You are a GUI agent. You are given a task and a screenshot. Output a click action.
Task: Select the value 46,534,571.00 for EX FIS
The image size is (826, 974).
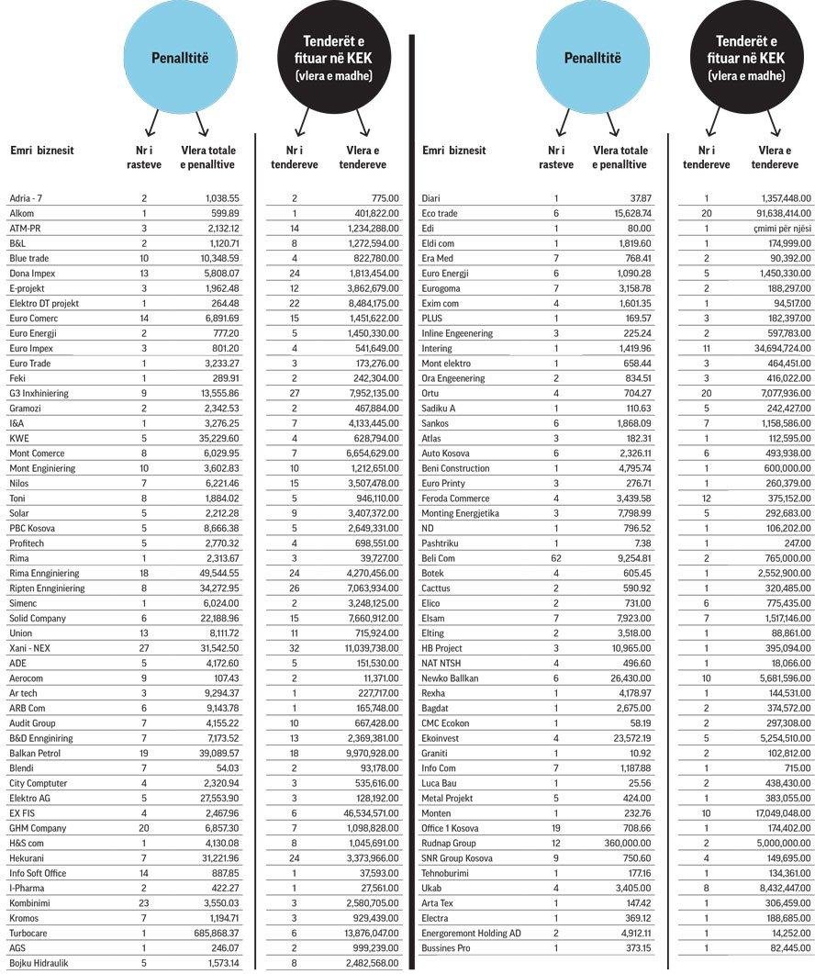[366, 813]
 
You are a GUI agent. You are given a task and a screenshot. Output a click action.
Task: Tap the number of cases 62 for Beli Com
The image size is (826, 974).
[555, 558]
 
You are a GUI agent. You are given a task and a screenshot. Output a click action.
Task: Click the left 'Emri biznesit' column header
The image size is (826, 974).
[41, 151]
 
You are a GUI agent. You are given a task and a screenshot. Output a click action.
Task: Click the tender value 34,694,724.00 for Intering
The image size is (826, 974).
[780, 349]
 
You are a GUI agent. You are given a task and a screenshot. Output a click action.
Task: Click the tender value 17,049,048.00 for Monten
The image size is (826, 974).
[780, 813]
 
